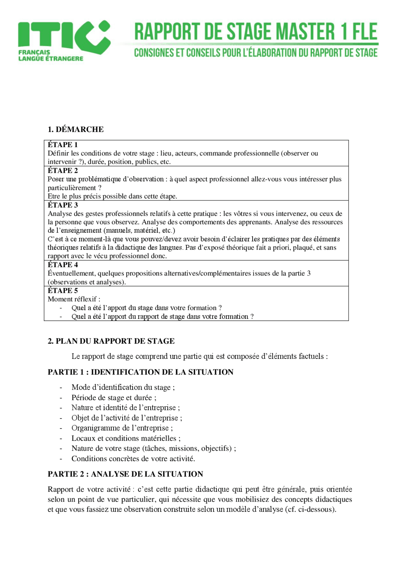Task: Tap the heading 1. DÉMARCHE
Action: pos(76,129)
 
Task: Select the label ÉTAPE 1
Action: pos(62,145)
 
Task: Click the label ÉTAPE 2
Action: pos(62,171)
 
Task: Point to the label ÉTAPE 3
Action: pos(62,205)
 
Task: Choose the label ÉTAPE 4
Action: pos(62,265)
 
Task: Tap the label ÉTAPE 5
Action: pos(62,291)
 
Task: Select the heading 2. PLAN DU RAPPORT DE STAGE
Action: pos(111,341)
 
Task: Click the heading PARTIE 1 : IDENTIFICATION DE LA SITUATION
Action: pos(140,372)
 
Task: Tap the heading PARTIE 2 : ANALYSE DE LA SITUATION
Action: pos(125,474)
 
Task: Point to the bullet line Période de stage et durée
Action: pos(114,398)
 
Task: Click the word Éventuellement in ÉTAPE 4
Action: pos(72,273)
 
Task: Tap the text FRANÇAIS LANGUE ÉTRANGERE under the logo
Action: pos(51,56)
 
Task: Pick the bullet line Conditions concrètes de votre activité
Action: pos(133,458)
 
